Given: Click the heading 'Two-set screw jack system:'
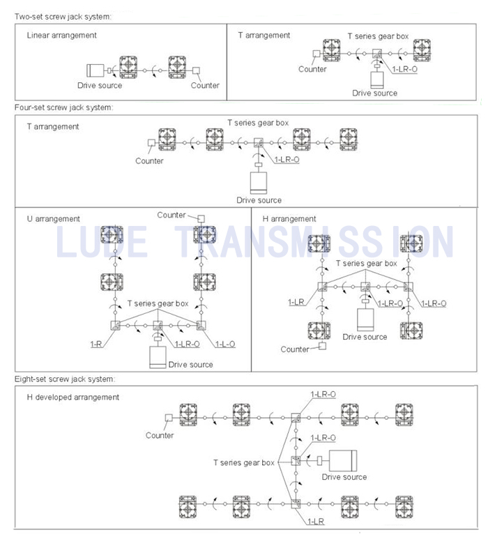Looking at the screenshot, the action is [x=63, y=16].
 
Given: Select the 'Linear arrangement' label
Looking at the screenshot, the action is [x=62, y=35].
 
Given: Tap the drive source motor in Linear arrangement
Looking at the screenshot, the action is [x=96, y=70].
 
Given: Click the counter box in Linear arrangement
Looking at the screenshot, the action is [x=196, y=70].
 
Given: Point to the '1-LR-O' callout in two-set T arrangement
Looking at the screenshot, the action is [x=405, y=69].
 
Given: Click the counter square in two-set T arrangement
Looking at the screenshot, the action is [x=317, y=54].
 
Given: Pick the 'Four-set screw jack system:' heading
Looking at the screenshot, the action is [x=64, y=107].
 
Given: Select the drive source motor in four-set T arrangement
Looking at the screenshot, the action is [x=259, y=183].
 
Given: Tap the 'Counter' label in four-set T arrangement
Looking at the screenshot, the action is [x=149, y=160].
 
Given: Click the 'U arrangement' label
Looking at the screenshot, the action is [x=54, y=218].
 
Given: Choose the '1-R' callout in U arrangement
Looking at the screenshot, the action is [x=96, y=344].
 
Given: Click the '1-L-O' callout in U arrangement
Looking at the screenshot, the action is [x=225, y=344].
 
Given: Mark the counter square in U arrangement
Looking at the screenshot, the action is [x=201, y=218].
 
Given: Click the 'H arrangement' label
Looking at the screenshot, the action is [x=289, y=218].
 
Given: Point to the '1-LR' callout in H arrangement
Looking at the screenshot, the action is [x=296, y=302].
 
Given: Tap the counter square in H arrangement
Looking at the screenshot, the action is [x=323, y=346].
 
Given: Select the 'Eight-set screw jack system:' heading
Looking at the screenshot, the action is [x=65, y=379].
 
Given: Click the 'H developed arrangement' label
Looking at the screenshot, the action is [x=73, y=397].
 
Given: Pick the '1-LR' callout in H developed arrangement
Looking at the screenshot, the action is [x=316, y=522].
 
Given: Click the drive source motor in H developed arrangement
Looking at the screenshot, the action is [x=343, y=461].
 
